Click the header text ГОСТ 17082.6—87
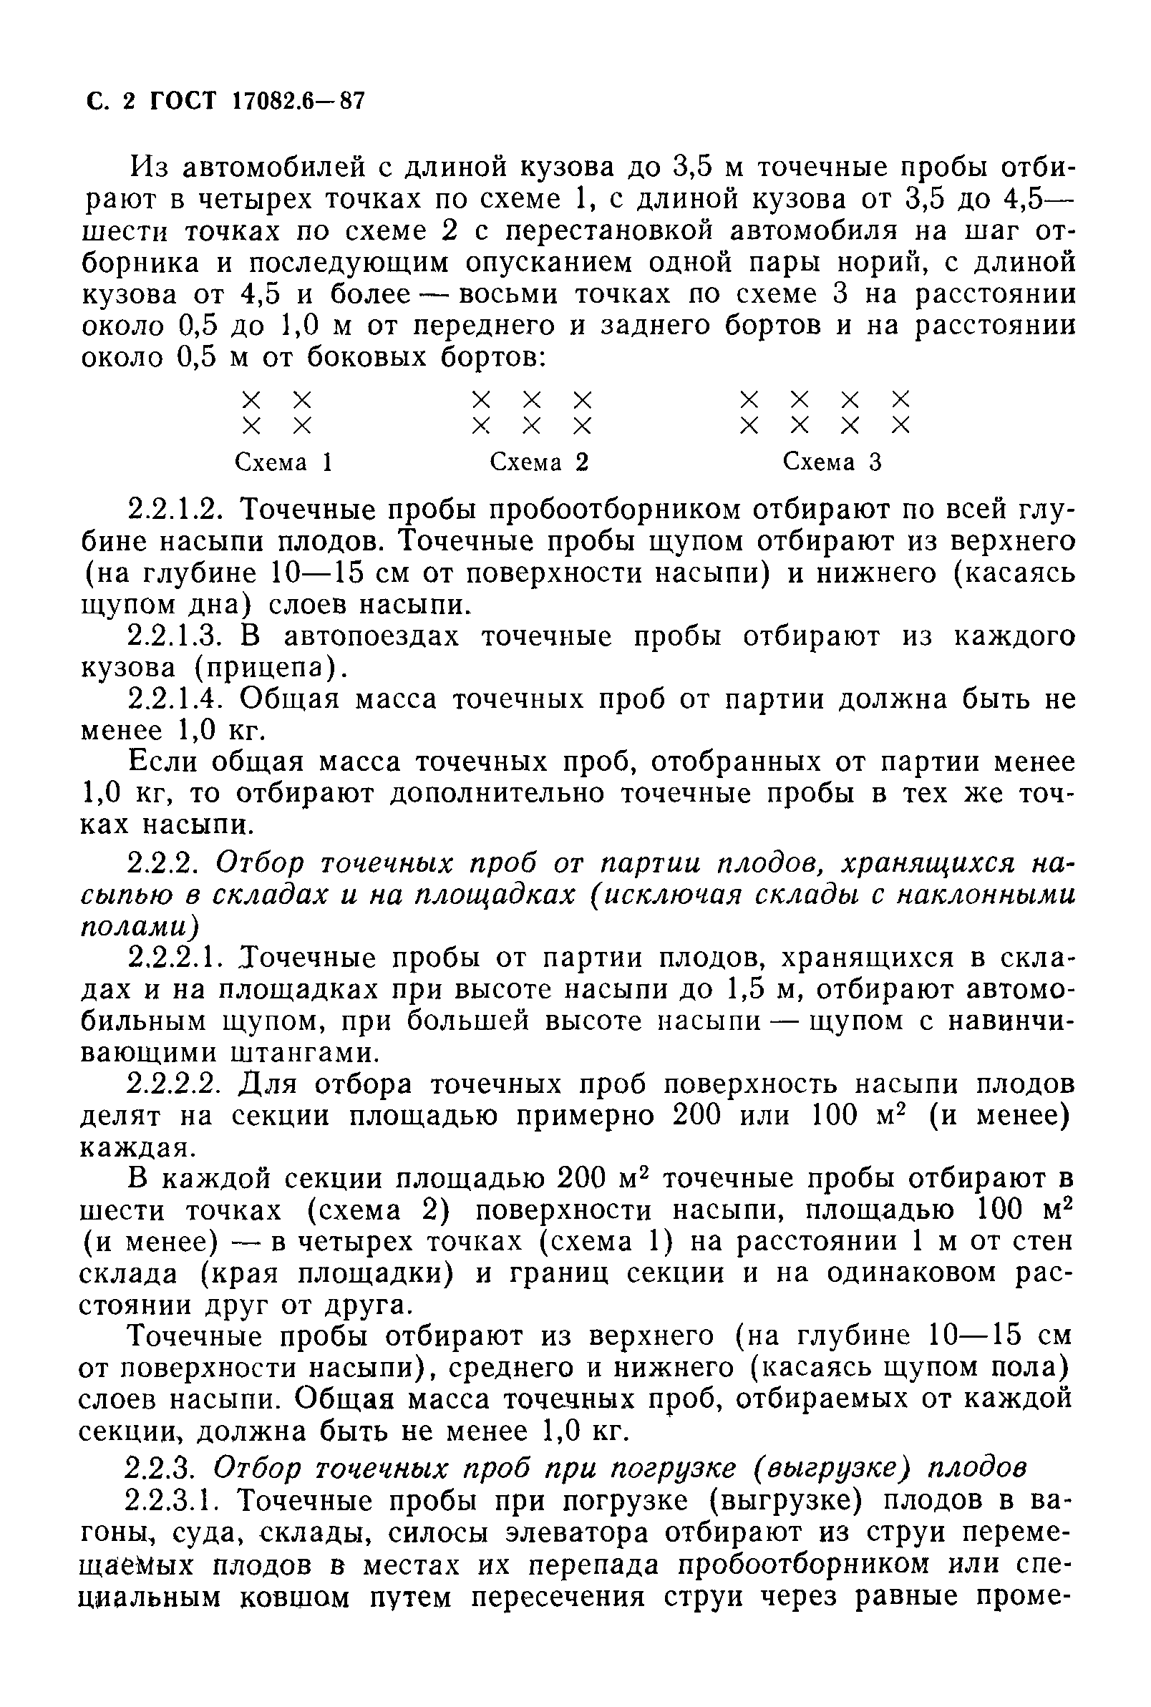click(257, 100)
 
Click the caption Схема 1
click(283, 462)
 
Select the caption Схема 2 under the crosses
click(539, 462)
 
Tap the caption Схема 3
click(832, 462)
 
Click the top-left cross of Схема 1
click(251, 400)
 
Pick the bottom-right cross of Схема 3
click(900, 426)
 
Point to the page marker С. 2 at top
click(111, 100)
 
